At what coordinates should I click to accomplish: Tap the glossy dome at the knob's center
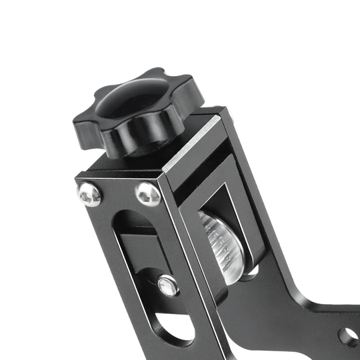coord(133,101)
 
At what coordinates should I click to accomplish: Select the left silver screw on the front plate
coord(89,194)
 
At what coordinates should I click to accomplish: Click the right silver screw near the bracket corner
coord(147,194)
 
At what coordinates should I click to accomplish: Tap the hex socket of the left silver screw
coord(89,194)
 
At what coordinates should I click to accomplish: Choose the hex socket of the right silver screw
coord(147,194)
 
